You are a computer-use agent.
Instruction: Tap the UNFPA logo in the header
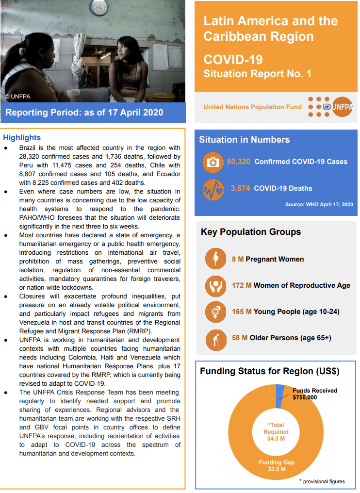click(330, 107)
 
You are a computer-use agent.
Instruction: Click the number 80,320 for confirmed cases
click(239, 162)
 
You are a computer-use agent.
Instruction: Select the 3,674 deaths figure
click(240, 188)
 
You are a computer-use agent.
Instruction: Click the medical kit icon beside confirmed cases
click(213, 163)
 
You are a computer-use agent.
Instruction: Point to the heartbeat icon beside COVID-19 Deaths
click(213, 189)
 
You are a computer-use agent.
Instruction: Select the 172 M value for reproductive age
click(242, 285)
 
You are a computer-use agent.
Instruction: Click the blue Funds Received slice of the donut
click(280, 395)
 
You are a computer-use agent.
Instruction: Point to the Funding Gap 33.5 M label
click(276, 466)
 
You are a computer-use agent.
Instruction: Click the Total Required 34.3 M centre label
click(276, 432)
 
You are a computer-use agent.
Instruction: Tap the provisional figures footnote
click(322, 481)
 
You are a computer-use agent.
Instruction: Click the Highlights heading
click(22, 138)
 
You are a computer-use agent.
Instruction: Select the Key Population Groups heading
click(251, 232)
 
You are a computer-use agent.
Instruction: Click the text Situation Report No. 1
click(257, 74)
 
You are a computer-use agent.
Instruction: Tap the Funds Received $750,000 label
click(314, 394)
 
